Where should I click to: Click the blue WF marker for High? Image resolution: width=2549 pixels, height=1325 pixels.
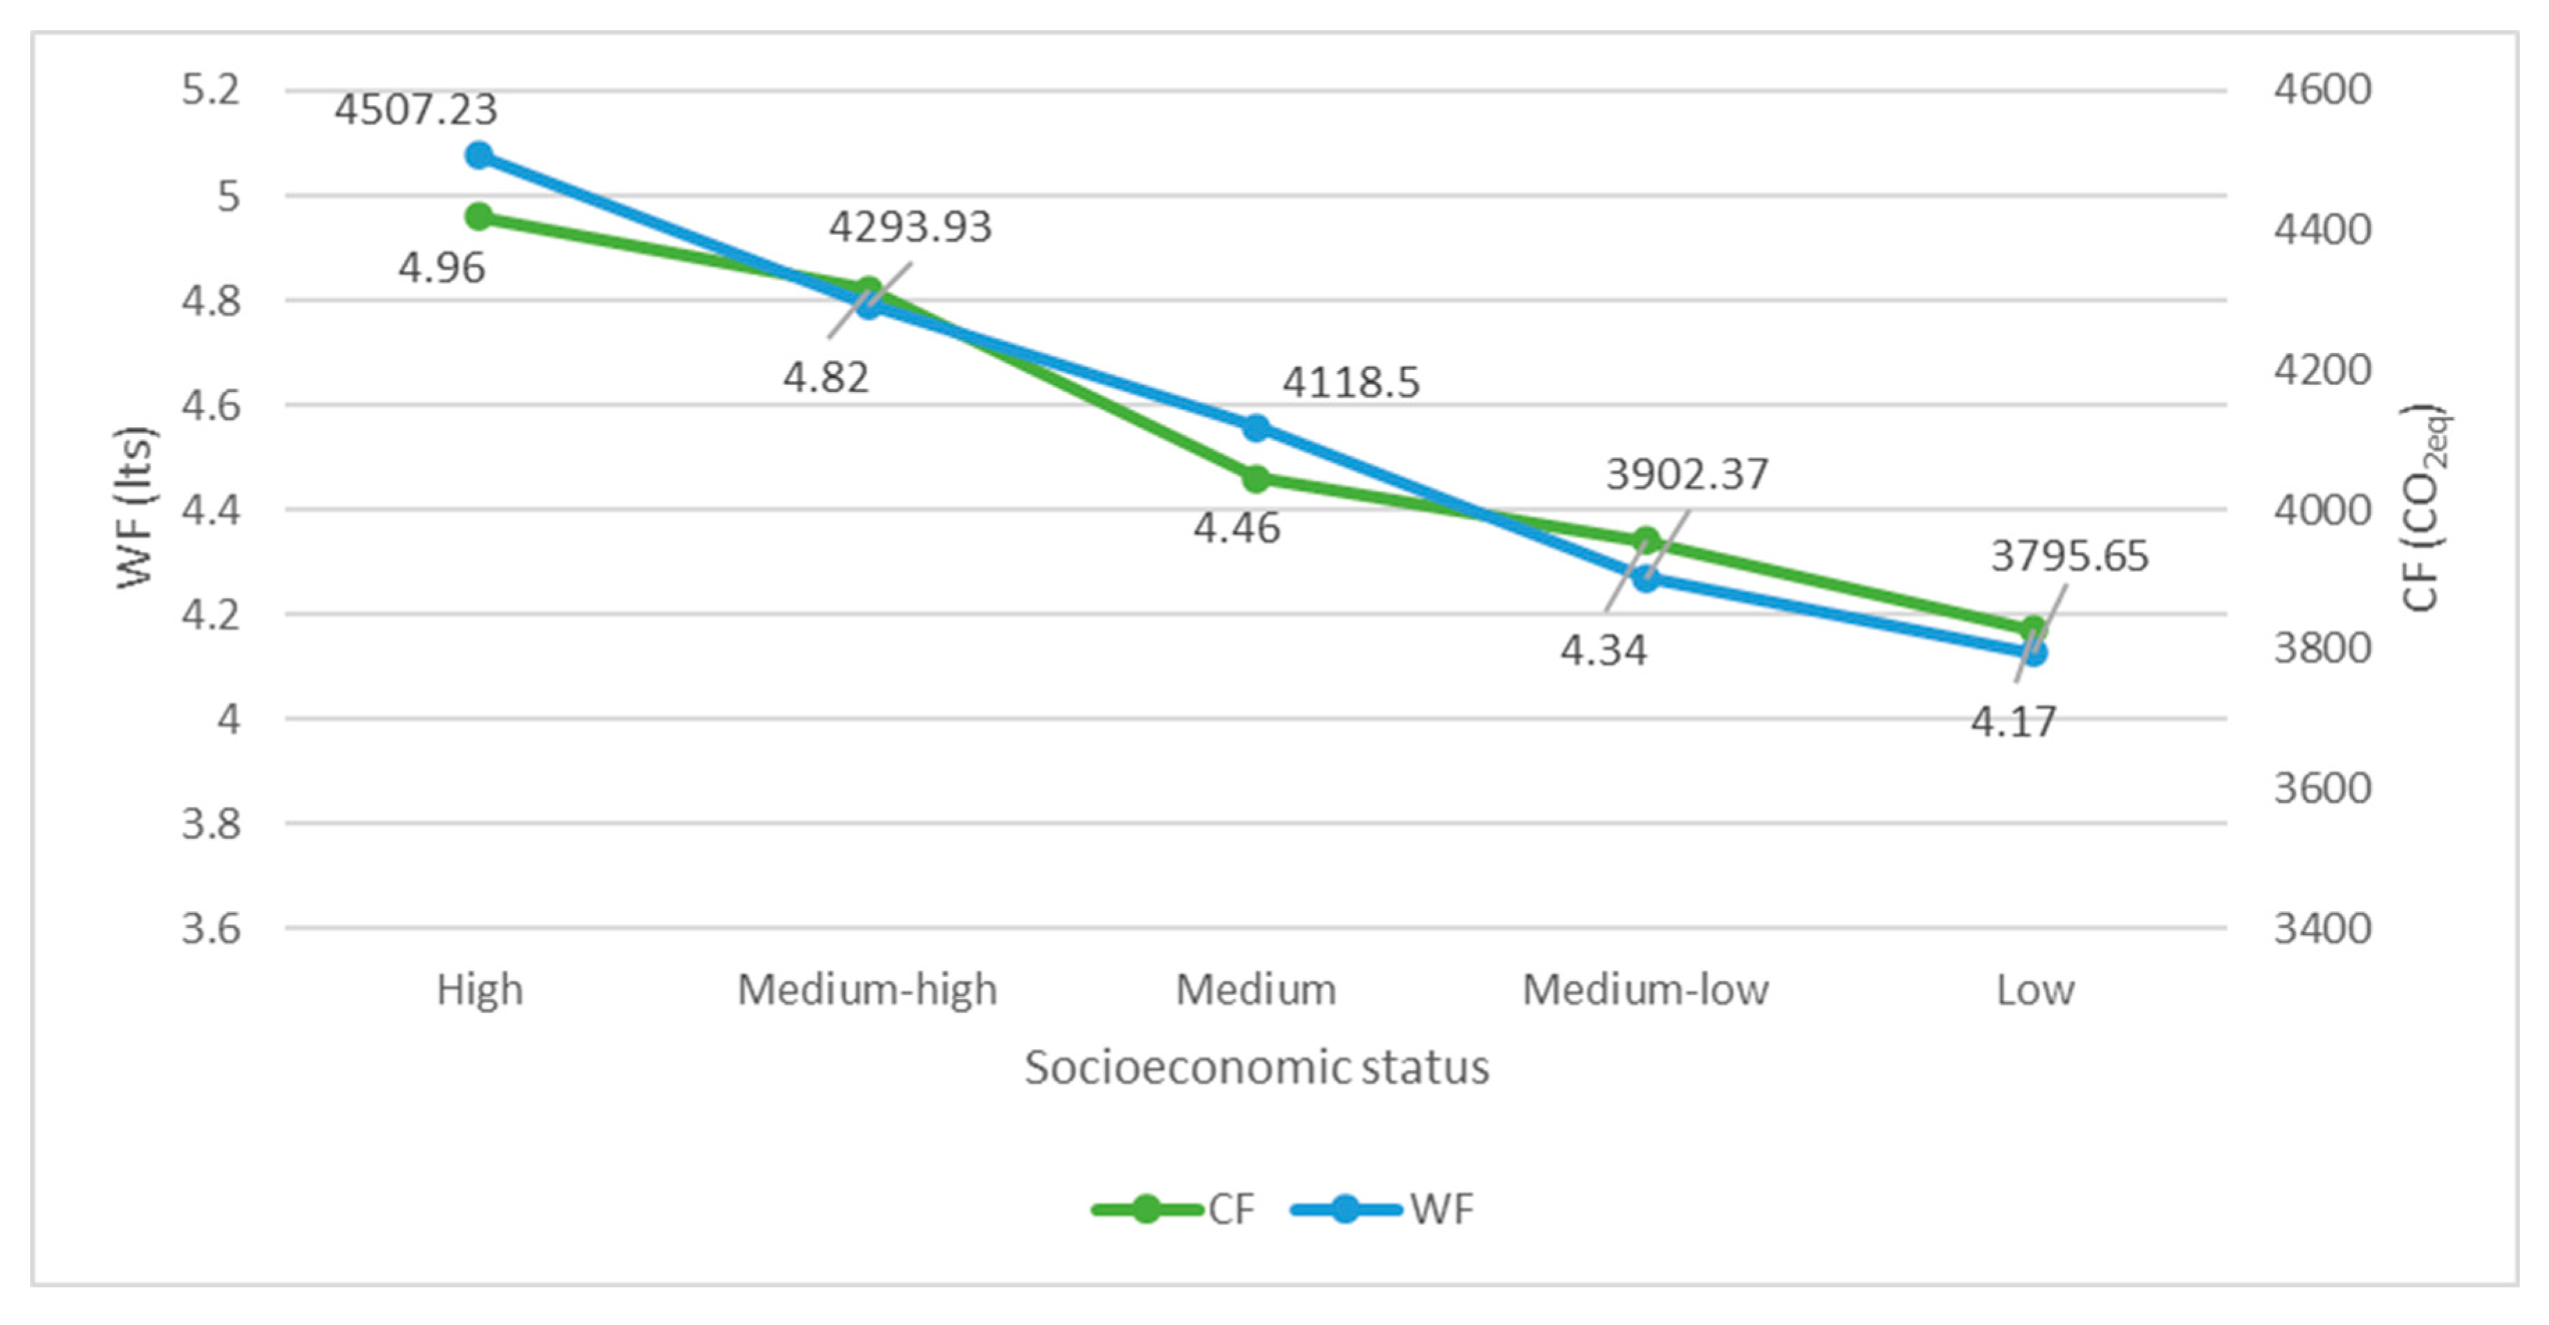click(x=479, y=155)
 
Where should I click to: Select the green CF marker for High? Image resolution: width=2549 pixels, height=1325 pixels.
click(x=479, y=217)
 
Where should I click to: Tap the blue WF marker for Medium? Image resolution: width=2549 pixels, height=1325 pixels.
click(x=1256, y=428)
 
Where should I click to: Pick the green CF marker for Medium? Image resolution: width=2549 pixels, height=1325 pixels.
click(x=1256, y=480)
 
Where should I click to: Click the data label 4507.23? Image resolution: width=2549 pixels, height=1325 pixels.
click(x=416, y=109)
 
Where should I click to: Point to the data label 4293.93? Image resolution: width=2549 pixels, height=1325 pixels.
click(x=909, y=227)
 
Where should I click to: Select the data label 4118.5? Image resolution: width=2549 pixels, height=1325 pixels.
click(x=1351, y=382)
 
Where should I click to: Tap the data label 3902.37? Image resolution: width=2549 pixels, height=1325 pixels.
click(x=1686, y=474)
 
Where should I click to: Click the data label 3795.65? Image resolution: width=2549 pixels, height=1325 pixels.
click(x=2069, y=556)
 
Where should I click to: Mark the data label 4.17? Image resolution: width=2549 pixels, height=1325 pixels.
click(x=2013, y=722)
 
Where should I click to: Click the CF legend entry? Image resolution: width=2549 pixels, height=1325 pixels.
click(x=1174, y=1209)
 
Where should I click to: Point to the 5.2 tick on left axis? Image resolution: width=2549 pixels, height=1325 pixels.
click(x=211, y=90)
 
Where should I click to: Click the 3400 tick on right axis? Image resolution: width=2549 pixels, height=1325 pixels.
click(x=2322, y=928)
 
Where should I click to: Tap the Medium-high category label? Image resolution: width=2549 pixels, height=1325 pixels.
click(x=867, y=989)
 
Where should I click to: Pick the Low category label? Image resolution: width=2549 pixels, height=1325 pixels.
click(x=2034, y=989)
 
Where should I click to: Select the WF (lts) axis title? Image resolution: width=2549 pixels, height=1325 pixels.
click(x=136, y=507)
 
